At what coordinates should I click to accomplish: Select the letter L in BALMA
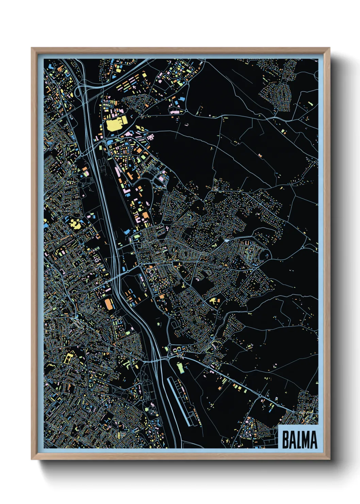[x=298, y=440]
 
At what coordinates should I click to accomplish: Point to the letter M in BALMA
[x=306, y=440]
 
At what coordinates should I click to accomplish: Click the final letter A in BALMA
[x=313, y=440]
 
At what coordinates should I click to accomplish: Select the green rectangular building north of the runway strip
[x=180, y=367]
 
